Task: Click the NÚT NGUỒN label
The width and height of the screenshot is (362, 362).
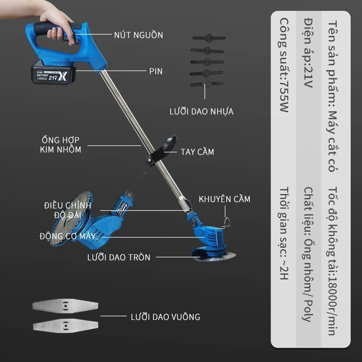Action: [x=138, y=35]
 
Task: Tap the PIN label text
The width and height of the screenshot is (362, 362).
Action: [x=156, y=71]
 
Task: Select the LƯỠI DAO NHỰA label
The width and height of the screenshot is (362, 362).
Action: [x=201, y=111]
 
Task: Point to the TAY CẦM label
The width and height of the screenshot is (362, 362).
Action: [x=197, y=152]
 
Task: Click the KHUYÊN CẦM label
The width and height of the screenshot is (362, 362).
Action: [x=224, y=199]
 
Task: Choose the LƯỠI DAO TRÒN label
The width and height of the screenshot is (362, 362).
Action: [x=119, y=257]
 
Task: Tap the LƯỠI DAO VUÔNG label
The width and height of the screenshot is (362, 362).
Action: [x=165, y=317]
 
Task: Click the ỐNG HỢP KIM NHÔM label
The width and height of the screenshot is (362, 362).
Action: [x=61, y=145]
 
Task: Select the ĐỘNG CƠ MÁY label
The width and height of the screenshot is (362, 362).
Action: [x=67, y=236]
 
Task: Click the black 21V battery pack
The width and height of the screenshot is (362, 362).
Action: [x=53, y=72]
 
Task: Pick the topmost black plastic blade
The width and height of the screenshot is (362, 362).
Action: [x=209, y=38]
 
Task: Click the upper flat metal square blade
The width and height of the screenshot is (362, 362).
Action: [x=65, y=306]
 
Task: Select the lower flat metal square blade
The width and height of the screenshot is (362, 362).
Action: [x=66, y=325]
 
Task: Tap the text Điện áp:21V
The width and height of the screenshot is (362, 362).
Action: [x=308, y=53]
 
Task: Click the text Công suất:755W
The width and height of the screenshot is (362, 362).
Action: [x=284, y=65]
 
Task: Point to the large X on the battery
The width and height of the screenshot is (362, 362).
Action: [x=62, y=76]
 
